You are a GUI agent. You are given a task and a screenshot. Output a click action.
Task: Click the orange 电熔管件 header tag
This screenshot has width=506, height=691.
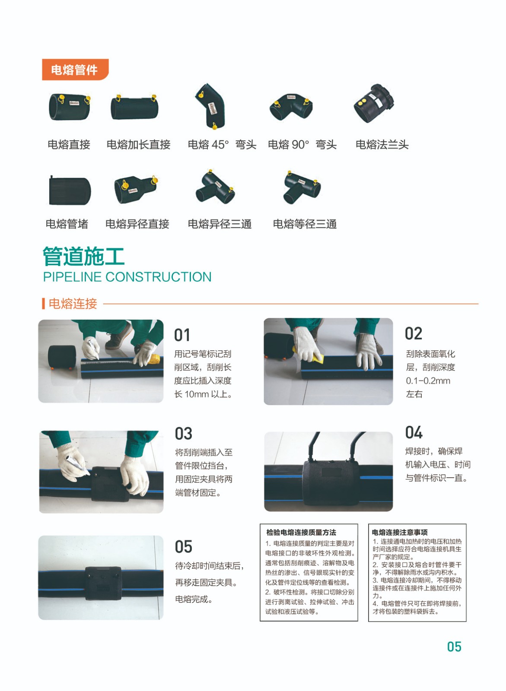[75, 70]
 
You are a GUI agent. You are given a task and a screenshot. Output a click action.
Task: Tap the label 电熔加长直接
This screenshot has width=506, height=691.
[138, 144]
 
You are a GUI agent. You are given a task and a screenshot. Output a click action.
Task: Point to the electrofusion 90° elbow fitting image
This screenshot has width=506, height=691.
[291, 108]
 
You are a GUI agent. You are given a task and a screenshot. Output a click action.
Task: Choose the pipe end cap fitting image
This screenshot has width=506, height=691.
[70, 190]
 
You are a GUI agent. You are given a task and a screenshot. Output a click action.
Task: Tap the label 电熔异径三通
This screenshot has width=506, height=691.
[220, 224]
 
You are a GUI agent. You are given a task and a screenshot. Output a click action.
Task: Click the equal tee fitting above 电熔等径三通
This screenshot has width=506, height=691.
[302, 187]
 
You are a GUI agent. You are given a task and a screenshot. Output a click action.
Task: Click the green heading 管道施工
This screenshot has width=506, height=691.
[84, 257]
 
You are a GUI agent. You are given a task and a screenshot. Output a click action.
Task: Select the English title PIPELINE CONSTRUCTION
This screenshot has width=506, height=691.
[127, 277]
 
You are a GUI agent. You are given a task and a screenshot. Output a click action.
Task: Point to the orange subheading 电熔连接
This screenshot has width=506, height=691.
[73, 304]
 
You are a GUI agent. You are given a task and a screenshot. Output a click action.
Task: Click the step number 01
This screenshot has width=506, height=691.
[182, 335]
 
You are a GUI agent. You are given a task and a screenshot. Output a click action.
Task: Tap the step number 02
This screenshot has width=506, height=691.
[414, 333]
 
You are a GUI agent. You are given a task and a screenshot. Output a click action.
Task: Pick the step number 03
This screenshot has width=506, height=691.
[183, 434]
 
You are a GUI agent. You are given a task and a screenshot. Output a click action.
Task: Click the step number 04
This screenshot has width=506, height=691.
[414, 432]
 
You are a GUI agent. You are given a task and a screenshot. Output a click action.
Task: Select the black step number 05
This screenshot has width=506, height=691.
[183, 547]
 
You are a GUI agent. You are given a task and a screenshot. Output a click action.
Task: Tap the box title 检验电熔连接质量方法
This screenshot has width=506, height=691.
[301, 533]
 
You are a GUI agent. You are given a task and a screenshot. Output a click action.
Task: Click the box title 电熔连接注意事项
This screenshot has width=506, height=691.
[400, 533]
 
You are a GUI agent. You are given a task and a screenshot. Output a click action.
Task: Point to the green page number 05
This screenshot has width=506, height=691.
[454, 647]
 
